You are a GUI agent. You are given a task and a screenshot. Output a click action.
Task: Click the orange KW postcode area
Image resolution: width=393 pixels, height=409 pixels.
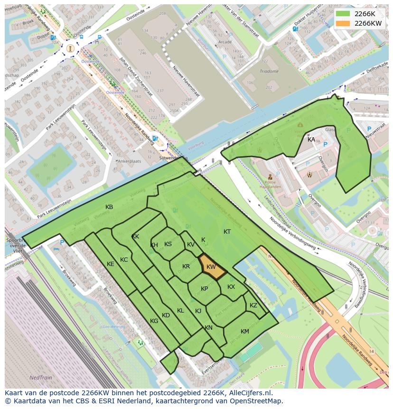[210, 268]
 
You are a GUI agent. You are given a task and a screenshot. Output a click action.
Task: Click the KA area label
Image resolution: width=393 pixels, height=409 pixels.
[311, 139]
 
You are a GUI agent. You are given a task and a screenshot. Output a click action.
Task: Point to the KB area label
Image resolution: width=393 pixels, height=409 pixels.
[109, 207]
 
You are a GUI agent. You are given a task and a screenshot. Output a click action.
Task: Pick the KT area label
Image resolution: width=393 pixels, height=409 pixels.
[227, 232]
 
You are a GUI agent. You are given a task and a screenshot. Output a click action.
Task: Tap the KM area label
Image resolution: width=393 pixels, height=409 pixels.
[245, 332]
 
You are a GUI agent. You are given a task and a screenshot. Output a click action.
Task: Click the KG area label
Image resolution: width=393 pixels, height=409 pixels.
[154, 321]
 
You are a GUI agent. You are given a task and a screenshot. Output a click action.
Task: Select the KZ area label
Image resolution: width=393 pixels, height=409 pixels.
[253, 305]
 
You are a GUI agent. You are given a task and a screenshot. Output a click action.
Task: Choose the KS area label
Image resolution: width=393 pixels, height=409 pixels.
[168, 244]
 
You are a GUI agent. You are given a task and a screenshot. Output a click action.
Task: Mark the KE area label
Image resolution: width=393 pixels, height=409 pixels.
[111, 264]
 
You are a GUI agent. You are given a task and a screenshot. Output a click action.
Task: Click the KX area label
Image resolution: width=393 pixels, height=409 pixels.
[231, 287]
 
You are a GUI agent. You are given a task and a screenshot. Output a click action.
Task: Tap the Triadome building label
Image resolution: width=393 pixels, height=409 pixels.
[269, 71]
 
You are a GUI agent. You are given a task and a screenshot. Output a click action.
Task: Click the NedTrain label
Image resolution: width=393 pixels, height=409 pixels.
[41, 378]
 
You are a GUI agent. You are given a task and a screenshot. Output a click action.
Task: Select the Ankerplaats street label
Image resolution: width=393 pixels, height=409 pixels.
[130, 161]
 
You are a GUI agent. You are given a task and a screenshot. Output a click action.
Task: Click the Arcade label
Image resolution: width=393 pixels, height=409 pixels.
[225, 42]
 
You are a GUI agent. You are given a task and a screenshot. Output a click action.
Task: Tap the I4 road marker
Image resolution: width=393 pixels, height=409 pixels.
[372, 352]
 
